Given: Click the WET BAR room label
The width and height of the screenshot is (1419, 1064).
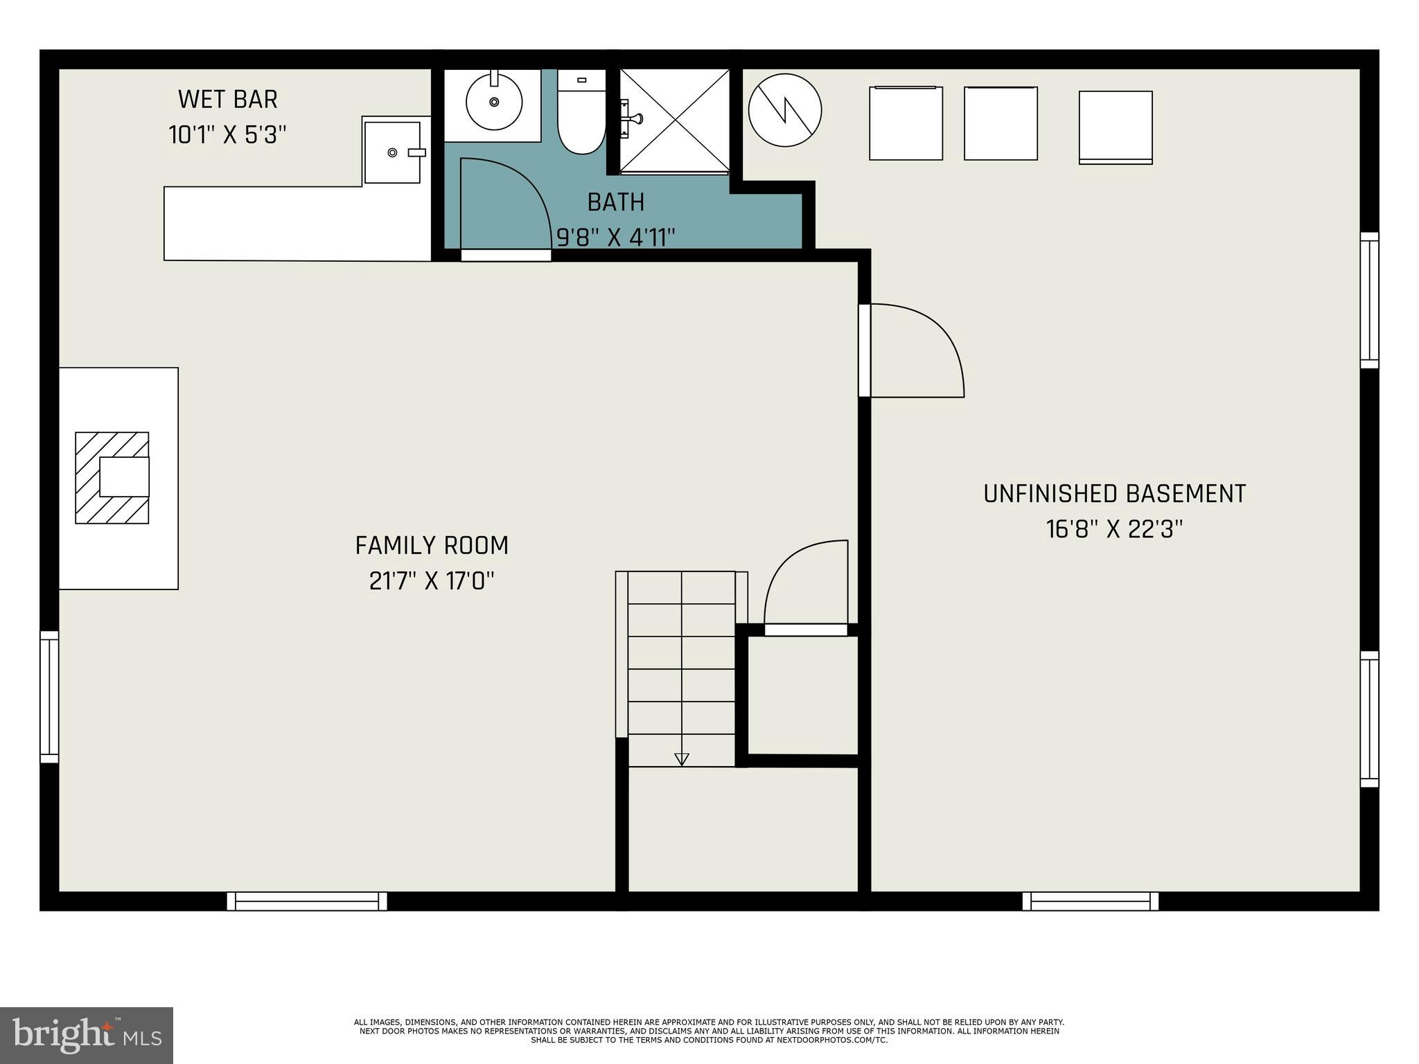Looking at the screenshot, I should (x=227, y=100).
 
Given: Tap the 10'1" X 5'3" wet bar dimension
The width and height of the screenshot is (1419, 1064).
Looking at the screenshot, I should (x=227, y=134).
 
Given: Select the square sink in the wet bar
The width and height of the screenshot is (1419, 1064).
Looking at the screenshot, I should (x=392, y=152).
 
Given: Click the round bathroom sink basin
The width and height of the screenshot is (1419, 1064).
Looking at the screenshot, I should (x=493, y=103).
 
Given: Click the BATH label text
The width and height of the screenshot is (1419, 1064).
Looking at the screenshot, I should (x=615, y=202).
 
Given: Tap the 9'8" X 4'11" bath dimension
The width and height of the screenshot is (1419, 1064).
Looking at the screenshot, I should (x=615, y=238).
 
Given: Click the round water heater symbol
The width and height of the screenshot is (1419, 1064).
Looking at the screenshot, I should (x=784, y=110).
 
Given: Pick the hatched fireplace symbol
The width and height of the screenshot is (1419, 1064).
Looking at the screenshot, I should (x=112, y=477).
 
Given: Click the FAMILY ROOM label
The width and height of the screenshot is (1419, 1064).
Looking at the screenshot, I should (x=432, y=546).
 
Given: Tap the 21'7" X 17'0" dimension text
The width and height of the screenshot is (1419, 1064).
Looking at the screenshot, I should (x=432, y=580).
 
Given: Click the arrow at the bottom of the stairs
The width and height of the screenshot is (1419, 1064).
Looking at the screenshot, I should (x=681, y=759).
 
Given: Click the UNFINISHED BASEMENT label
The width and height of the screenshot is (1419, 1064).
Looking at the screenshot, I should (x=1114, y=494).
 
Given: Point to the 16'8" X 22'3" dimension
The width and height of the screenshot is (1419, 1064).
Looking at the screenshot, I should (x=1114, y=529).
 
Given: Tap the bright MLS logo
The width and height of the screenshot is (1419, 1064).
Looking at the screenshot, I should (x=86, y=1035).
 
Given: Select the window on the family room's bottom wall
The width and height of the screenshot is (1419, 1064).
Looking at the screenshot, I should (x=307, y=901).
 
